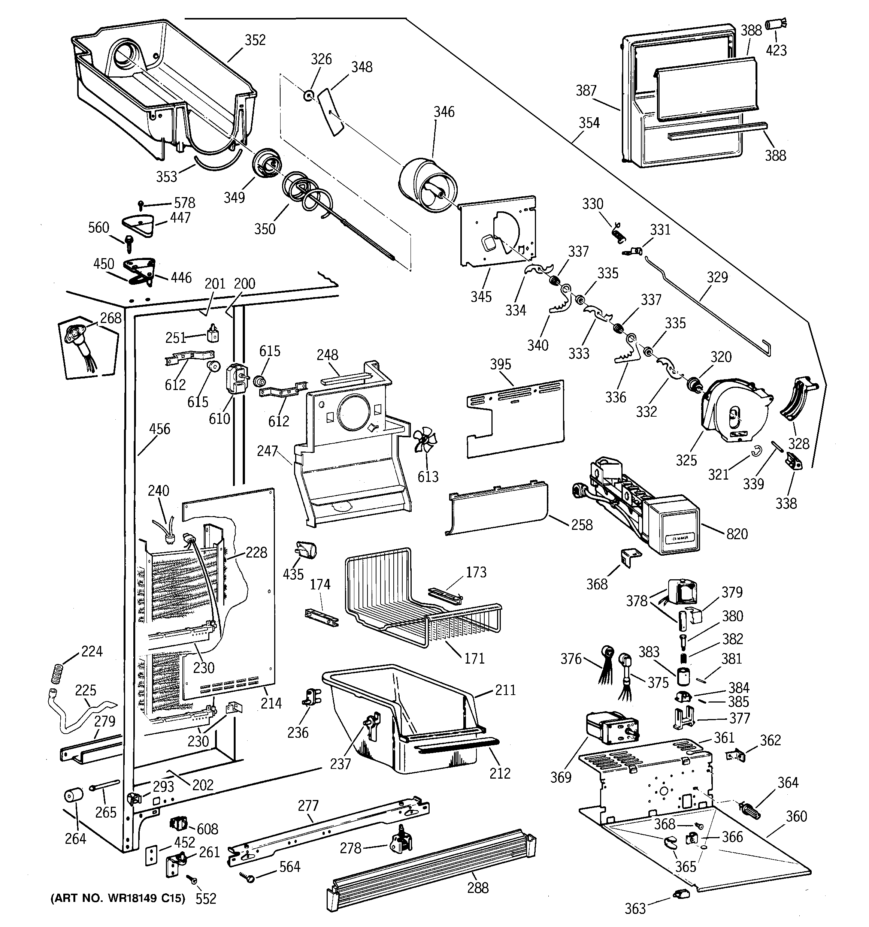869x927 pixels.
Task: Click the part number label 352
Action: [255, 40]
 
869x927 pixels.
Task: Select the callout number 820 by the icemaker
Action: [737, 534]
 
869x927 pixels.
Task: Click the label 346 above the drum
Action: [443, 112]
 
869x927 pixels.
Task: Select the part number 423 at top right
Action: [776, 50]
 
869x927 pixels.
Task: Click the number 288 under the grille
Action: [478, 887]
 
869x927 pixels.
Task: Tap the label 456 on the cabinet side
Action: [160, 429]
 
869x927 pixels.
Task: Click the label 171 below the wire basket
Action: [474, 658]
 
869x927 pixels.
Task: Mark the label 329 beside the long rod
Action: [717, 277]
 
